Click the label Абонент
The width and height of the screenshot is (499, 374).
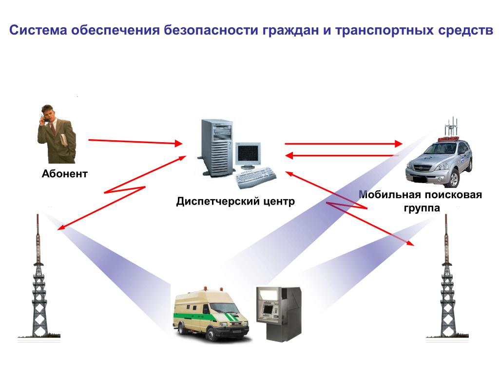[64, 173]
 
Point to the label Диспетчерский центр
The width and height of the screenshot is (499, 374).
[235, 201]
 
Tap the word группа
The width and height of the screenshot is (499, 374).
[421, 208]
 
